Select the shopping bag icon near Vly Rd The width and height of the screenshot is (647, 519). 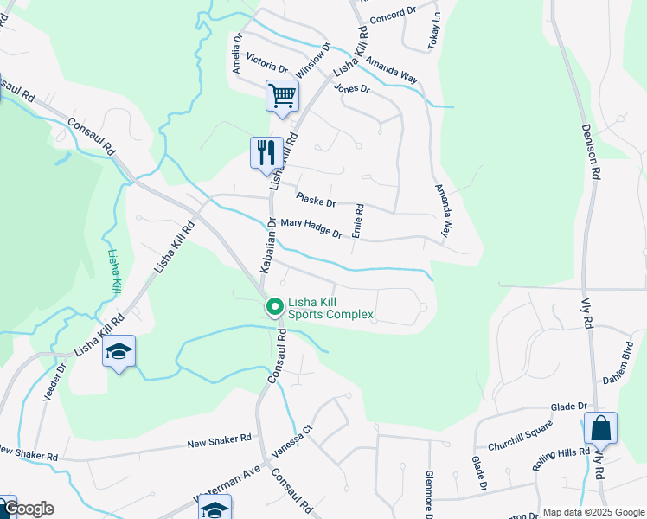600,427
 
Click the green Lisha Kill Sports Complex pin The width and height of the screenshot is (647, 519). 275,306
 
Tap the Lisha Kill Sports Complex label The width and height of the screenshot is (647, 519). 330,308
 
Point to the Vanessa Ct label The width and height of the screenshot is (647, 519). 292,446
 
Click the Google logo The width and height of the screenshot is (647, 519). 28,509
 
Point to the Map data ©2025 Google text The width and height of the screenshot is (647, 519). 593,512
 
